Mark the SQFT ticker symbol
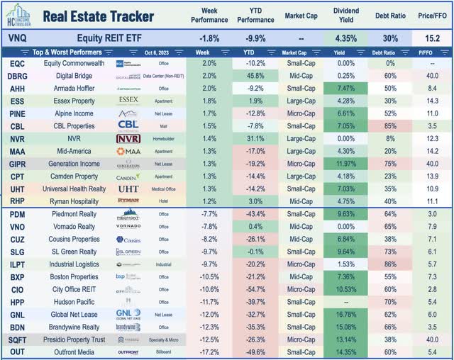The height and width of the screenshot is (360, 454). tap(16, 339)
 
